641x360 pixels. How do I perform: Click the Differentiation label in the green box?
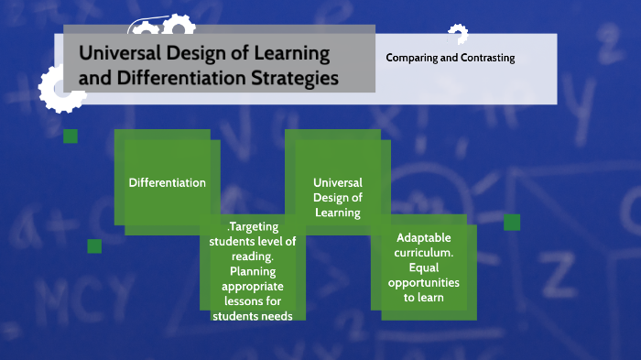click(168, 182)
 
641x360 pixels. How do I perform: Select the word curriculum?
click(423, 251)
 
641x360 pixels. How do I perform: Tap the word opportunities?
click(423, 283)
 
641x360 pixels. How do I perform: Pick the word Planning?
click(253, 271)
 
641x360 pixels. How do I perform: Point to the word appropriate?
click(253, 286)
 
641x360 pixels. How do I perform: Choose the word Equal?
click(423, 267)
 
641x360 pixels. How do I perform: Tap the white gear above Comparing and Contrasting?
click(457, 35)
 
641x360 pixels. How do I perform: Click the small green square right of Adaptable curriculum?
click(512, 222)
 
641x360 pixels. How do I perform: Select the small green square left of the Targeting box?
click(94, 245)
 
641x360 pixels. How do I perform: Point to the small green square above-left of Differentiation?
click(71, 136)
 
